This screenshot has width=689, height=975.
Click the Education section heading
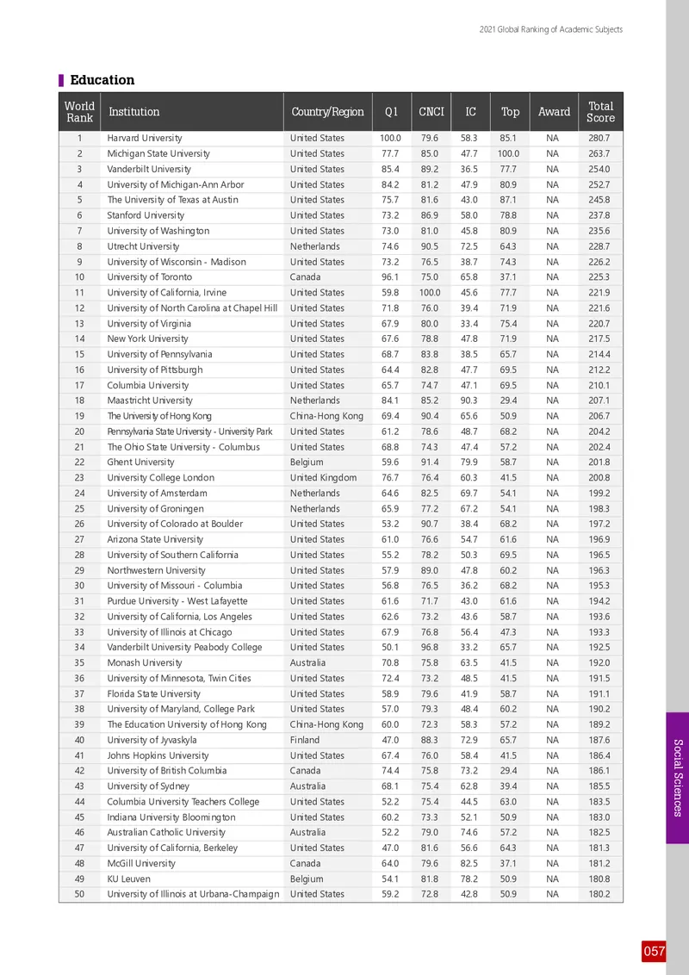pos(102,80)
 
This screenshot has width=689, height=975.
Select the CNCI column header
pos(431,112)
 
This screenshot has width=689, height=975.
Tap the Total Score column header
pos(600,112)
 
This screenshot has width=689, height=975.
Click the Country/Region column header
pos(327,112)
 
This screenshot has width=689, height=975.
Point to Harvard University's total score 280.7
pos(599,138)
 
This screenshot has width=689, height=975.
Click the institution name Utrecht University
pos(143,246)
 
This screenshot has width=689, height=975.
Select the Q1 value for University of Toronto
pos(390,277)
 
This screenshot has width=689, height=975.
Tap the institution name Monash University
pos(144,663)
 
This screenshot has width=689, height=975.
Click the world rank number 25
pos(79,509)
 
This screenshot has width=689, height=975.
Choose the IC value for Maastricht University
pos(470,401)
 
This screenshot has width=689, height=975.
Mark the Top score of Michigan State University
pos(509,153)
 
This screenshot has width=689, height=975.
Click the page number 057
pos(654,951)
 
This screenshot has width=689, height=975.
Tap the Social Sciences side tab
pos(677,778)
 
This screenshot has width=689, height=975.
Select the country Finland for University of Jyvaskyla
pos(305,740)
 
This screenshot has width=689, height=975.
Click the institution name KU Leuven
pos(128,879)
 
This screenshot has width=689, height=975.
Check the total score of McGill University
pos(599,863)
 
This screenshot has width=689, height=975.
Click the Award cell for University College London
pos(553,478)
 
